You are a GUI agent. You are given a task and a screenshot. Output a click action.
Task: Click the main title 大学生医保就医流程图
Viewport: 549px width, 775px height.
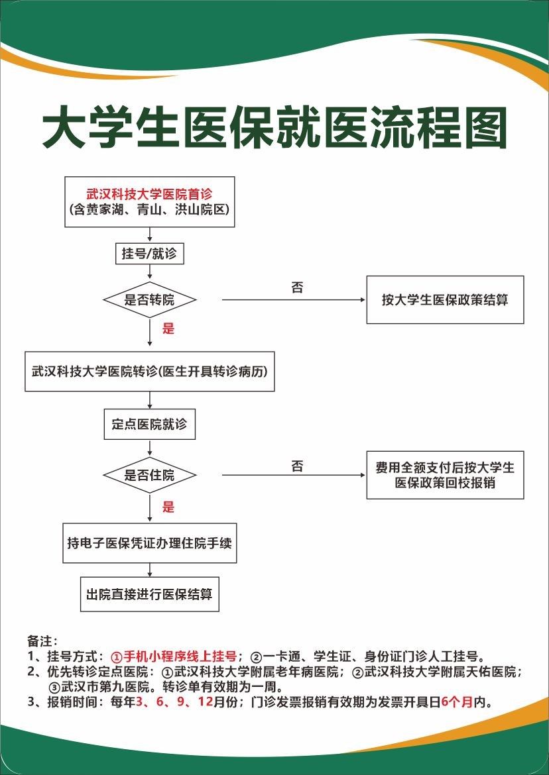click(x=274, y=127)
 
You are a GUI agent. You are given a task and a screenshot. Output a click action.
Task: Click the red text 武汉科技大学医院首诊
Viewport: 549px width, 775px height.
click(x=149, y=194)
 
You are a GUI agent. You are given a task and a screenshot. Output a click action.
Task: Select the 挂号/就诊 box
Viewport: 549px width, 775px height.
click(x=149, y=254)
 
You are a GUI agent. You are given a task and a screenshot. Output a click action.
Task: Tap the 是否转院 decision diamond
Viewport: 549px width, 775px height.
click(x=149, y=299)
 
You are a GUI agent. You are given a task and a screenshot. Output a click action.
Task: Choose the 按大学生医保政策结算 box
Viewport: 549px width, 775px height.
click(x=445, y=299)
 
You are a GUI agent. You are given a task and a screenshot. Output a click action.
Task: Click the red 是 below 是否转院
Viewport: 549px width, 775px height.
click(x=168, y=328)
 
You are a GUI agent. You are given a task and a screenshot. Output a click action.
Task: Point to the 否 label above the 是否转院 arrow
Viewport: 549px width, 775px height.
click(x=297, y=287)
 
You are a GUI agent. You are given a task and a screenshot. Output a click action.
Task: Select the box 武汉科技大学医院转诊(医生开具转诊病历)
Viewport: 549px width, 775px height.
click(x=149, y=371)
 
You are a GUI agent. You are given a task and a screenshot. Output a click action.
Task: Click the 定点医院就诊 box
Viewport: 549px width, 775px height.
click(x=149, y=424)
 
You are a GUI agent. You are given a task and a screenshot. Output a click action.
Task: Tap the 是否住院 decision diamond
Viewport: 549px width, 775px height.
click(x=149, y=475)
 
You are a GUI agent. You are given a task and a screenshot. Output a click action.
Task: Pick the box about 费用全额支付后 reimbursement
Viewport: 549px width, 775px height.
click(x=445, y=475)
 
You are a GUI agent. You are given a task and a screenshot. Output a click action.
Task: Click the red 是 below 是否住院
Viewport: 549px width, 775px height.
click(x=168, y=507)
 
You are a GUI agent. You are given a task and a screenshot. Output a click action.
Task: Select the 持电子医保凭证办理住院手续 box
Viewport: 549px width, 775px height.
click(x=149, y=543)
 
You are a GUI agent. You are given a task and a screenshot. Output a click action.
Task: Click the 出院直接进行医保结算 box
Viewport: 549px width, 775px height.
click(x=149, y=594)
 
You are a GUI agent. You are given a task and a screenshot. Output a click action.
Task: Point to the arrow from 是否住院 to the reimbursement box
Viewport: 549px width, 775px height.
click(x=294, y=475)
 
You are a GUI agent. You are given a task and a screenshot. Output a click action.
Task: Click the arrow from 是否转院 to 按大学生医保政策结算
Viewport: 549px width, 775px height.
click(x=294, y=299)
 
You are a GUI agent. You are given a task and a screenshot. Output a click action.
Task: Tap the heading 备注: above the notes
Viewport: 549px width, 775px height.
click(x=42, y=641)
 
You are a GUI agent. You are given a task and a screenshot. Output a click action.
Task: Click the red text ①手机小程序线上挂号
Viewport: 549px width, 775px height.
click(x=174, y=656)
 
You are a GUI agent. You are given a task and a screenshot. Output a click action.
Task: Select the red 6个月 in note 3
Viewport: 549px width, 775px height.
click(x=457, y=702)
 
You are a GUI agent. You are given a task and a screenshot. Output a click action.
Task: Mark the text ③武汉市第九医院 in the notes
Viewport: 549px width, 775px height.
click(x=99, y=687)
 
